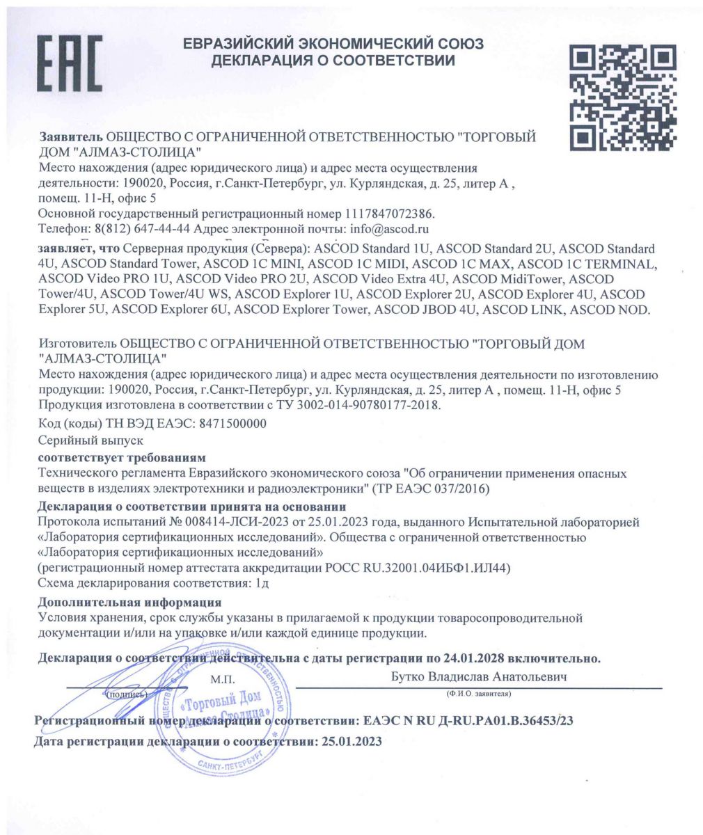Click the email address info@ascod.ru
[390, 229]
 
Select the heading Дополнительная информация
[129, 602]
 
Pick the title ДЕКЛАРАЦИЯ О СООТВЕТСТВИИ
[333, 61]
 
